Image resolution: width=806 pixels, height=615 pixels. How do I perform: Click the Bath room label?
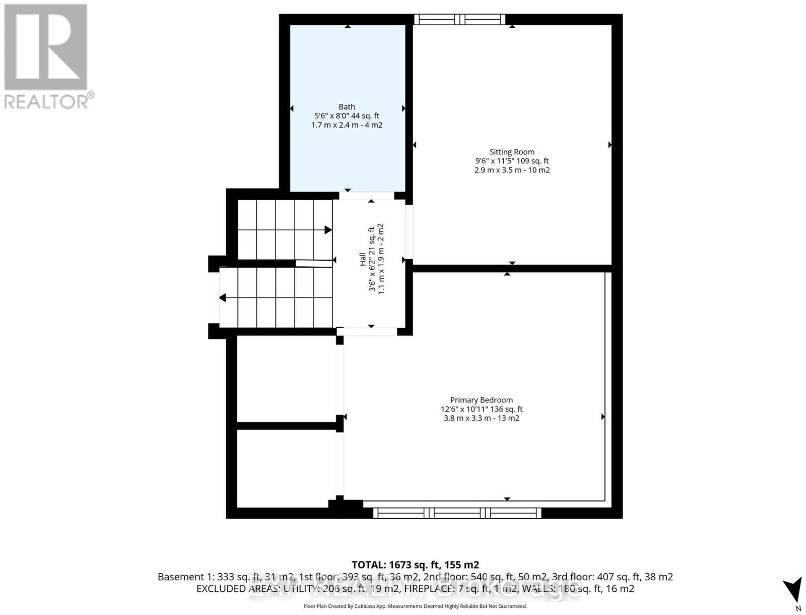click(x=347, y=107)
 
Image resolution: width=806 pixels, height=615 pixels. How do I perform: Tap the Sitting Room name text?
click(x=512, y=152)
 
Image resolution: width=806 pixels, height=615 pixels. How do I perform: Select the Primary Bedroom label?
click(x=482, y=400)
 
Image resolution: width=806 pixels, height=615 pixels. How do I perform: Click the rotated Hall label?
click(x=362, y=259)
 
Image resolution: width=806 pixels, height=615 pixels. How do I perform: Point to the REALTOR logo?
click(x=48, y=56)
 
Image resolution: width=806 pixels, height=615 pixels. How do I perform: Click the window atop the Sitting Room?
click(x=460, y=19)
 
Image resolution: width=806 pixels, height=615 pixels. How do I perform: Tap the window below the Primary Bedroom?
click(x=457, y=513)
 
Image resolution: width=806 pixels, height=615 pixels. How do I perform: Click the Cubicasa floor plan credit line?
click(x=415, y=606)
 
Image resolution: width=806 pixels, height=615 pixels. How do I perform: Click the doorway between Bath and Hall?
click(x=366, y=196)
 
